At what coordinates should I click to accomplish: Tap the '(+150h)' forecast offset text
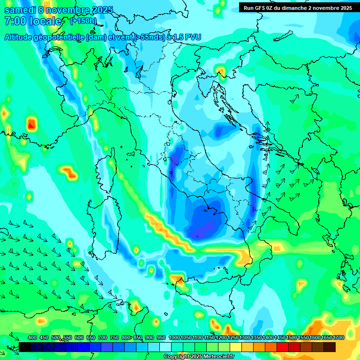click(83, 21)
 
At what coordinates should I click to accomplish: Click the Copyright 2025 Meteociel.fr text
click(199, 356)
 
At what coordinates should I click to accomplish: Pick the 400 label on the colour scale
click(32, 337)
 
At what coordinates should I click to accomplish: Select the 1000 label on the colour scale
click(174, 337)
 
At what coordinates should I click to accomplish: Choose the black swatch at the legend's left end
click(25, 347)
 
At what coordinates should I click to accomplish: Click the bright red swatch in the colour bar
click(283, 347)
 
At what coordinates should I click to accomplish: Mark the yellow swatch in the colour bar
click(236, 347)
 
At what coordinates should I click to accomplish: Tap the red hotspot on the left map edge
click(31, 125)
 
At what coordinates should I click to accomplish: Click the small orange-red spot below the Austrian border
click(220, 72)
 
